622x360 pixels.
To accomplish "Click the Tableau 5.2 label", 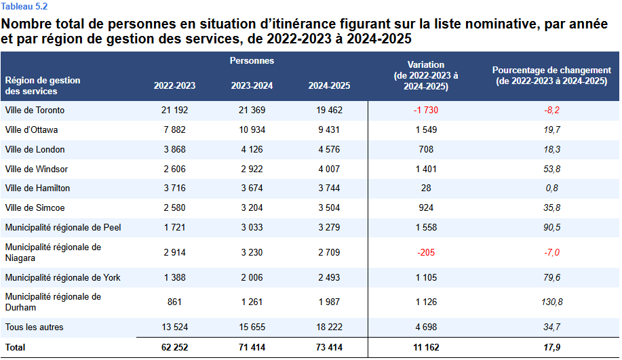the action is [24, 6].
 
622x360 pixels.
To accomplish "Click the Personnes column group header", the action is [252, 60].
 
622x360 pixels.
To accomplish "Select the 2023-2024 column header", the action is [252, 85].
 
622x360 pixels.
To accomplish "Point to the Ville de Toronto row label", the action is [35, 111].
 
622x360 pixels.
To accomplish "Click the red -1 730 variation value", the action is [426, 111].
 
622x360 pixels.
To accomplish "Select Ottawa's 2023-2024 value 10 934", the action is [252, 129].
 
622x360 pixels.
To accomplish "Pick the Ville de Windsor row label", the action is [37, 169].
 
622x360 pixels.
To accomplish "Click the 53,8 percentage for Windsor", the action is [551, 169].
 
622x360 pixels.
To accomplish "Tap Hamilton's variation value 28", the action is [426, 188].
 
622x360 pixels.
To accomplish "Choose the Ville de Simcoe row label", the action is [35, 207].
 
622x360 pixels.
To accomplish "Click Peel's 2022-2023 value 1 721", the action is [174, 228].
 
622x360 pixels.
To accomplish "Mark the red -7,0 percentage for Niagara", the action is [551, 253].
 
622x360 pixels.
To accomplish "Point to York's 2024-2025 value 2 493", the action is [329, 277].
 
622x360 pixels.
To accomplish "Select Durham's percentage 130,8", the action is [551, 302].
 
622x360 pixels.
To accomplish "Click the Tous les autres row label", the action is [34, 327].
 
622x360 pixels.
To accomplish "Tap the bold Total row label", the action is [15, 347].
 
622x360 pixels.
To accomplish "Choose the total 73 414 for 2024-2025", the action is [329, 347].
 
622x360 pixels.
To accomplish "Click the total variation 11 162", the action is [426, 347].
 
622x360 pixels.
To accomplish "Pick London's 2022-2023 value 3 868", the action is [174, 149].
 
